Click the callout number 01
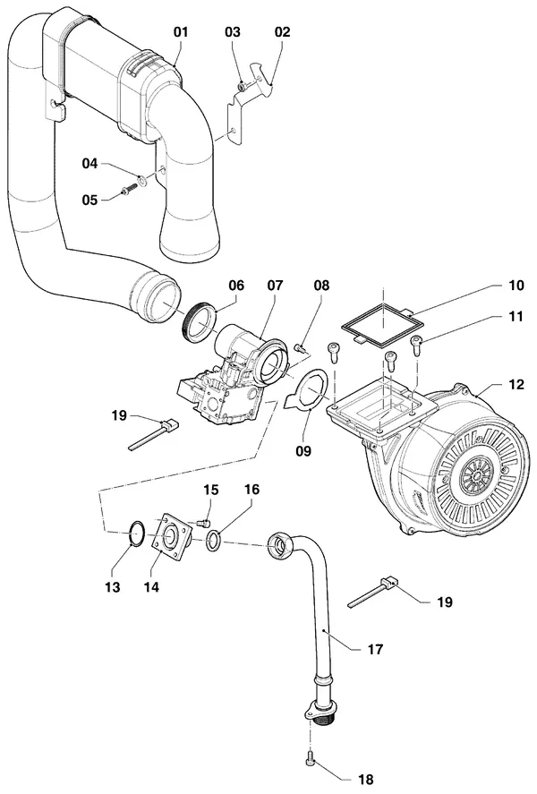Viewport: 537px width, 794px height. [x=181, y=32]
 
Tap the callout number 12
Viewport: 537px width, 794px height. [x=516, y=384]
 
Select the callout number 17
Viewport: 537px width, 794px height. [x=375, y=649]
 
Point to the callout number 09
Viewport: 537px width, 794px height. [x=303, y=450]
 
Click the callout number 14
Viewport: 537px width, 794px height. [x=151, y=586]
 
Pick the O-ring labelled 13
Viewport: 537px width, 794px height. [x=137, y=534]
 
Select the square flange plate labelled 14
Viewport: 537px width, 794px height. [x=173, y=535]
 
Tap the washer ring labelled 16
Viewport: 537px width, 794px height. [x=214, y=541]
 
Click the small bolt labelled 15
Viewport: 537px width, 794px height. [x=203, y=522]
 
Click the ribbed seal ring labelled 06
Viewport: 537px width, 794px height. [x=198, y=322]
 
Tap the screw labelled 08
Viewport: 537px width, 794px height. [x=300, y=348]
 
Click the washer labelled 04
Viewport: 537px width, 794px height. [x=142, y=179]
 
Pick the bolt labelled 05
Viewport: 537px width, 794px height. [x=127, y=191]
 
